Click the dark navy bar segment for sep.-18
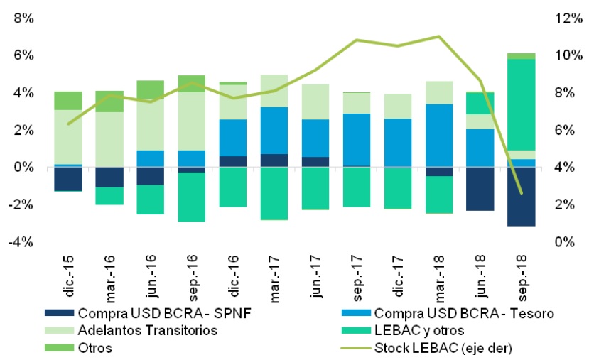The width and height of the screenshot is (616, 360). (x=521, y=197)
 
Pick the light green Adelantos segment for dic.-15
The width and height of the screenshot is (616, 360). (x=67, y=137)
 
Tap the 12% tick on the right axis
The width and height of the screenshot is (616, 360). (x=568, y=18)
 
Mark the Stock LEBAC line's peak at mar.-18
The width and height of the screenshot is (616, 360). (x=439, y=36)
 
